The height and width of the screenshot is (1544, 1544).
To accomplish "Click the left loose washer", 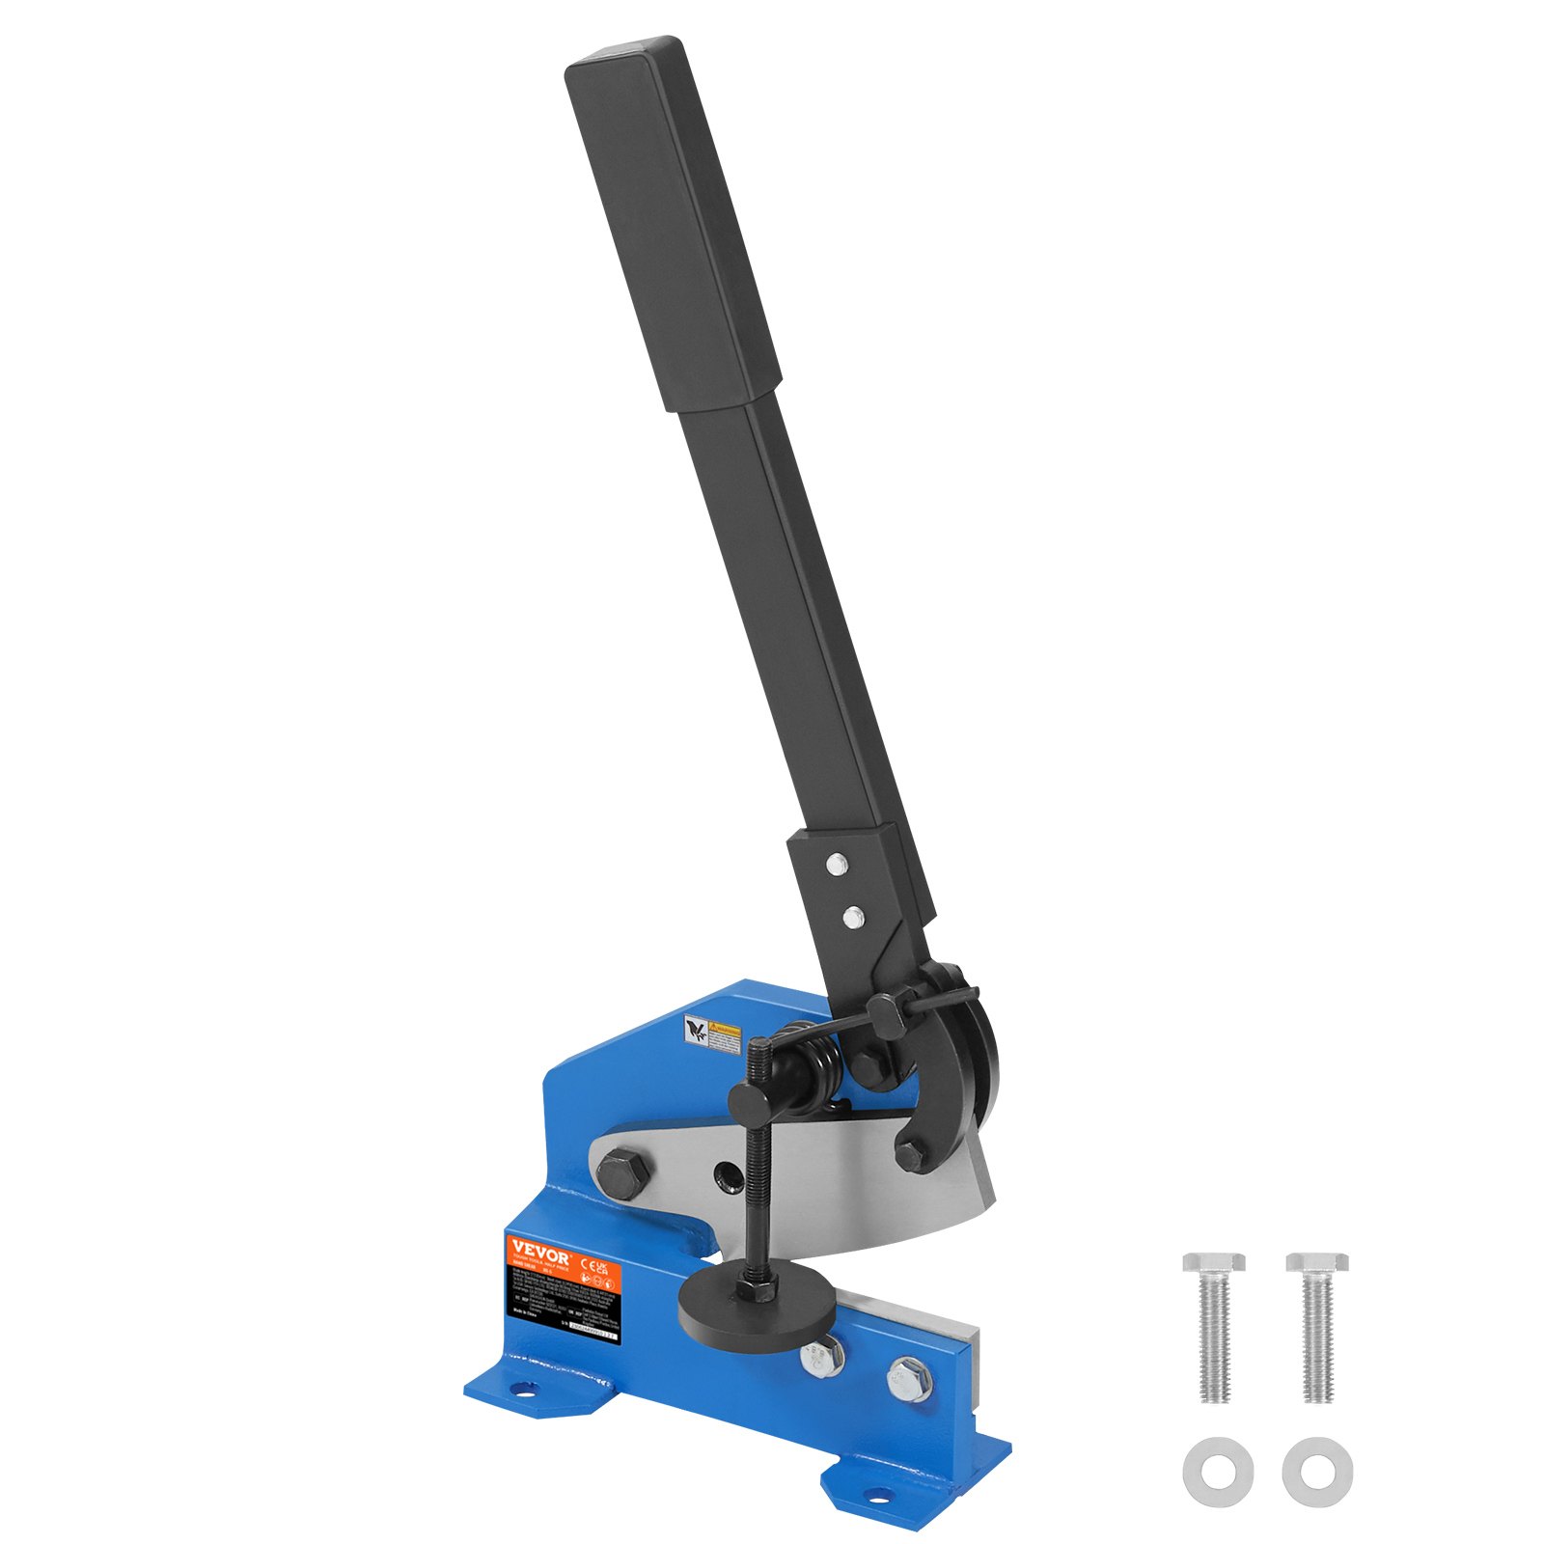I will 1218,1472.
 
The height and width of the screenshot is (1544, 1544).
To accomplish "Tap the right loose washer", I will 1317,1472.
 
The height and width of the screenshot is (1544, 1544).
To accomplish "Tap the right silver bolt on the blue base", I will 907,1377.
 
